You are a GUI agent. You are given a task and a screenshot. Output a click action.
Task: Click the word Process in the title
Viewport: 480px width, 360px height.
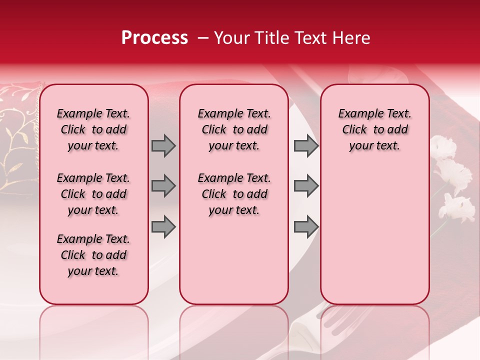click(x=154, y=38)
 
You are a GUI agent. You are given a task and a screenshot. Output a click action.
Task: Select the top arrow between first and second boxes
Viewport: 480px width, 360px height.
click(x=163, y=145)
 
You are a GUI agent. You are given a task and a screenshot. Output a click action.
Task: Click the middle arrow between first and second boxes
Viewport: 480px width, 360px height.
click(x=163, y=186)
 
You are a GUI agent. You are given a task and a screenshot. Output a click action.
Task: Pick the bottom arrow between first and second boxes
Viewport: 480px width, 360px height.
click(x=163, y=226)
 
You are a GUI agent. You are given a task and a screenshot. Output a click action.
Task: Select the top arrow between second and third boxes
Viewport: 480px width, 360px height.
click(x=306, y=145)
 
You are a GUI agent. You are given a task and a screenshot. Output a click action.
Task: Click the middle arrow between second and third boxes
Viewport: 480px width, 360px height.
click(x=306, y=186)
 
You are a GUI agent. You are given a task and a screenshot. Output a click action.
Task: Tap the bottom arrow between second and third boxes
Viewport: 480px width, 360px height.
click(x=306, y=226)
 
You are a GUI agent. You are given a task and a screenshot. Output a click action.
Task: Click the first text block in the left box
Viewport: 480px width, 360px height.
click(x=93, y=129)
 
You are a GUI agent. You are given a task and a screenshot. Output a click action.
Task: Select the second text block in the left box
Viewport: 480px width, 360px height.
click(x=93, y=194)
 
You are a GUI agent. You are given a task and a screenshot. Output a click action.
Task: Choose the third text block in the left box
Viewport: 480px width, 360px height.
click(x=93, y=255)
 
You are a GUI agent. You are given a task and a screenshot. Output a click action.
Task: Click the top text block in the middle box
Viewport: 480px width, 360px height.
click(x=234, y=129)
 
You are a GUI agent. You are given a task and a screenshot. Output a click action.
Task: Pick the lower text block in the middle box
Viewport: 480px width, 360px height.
click(x=234, y=194)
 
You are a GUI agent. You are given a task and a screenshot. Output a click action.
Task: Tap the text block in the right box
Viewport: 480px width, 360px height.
click(x=374, y=129)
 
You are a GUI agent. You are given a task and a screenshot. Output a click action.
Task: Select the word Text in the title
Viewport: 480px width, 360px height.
click(x=311, y=38)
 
